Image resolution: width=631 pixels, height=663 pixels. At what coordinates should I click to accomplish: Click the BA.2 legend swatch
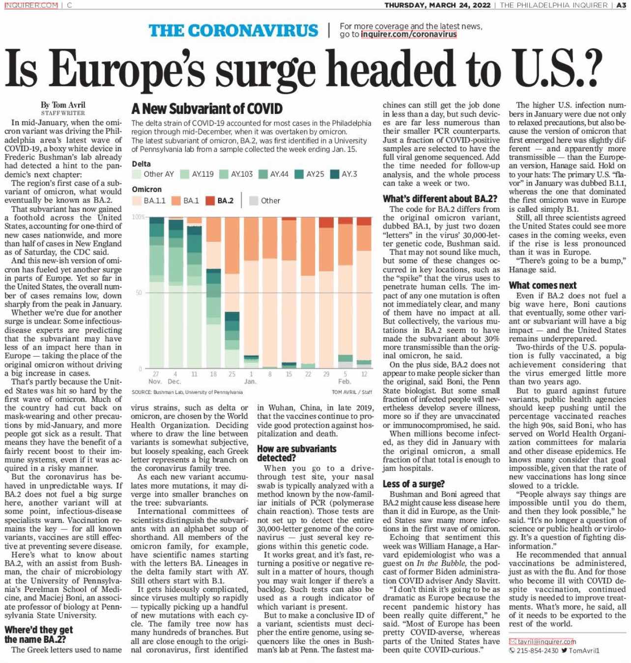point(210,201)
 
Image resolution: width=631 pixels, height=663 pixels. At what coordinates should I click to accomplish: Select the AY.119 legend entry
point(197,174)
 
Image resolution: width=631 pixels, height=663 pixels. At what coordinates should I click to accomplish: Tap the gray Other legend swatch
point(253,201)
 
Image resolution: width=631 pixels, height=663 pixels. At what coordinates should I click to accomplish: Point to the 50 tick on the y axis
point(139,293)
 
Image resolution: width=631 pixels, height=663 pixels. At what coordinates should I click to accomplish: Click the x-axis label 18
point(213,374)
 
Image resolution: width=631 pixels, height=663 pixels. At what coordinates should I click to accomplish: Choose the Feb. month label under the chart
point(344,382)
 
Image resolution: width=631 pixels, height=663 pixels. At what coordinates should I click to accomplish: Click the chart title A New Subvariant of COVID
point(207,109)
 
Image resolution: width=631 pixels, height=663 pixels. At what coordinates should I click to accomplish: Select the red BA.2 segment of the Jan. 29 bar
point(326,222)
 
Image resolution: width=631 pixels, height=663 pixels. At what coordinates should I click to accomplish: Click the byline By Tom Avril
point(63,105)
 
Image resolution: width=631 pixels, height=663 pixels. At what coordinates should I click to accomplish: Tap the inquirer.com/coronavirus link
point(409,34)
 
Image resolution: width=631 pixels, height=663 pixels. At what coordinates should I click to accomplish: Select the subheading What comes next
point(543,285)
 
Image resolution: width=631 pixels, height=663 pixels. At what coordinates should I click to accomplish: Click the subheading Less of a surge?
point(413,484)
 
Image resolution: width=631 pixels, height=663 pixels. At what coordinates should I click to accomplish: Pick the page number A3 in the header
point(621,5)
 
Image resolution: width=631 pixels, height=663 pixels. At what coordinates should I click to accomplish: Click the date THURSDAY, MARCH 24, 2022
point(437,5)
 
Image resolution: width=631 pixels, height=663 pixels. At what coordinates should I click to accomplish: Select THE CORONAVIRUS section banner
point(233,30)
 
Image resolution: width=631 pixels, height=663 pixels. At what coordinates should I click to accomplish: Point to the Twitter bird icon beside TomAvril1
point(564,651)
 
